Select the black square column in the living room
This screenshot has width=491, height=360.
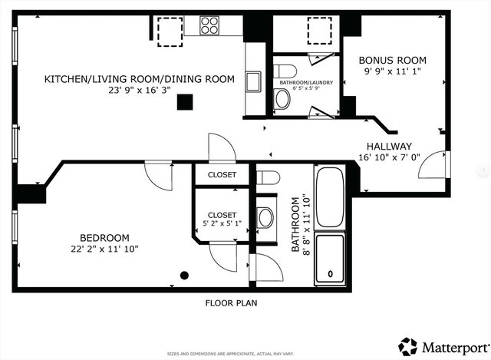click(184, 102)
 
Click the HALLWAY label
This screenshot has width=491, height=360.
click(389, 147)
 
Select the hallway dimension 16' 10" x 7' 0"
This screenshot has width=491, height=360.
click(389, 158)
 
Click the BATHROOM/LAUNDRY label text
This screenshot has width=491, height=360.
click(306, 81)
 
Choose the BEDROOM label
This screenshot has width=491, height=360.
click(104, 238)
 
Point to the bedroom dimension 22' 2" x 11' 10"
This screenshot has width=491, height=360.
click(104, 249)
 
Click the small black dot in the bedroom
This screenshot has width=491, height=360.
click(184, 275)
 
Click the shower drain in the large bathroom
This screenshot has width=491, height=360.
click(331, 273)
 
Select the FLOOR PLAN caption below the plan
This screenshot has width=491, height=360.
click(231, 302)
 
